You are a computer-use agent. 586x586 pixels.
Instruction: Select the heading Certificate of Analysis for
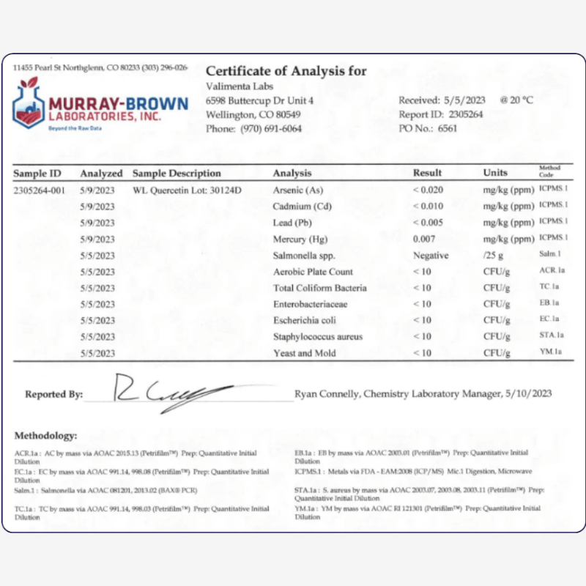[286, 72]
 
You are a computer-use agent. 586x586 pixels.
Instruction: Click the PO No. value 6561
[448, 129]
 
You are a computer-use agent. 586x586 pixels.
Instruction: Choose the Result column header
[427, 174]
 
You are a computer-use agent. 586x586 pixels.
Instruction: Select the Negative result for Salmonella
[431, 256]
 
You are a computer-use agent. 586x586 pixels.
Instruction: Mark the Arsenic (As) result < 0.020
[429, 190]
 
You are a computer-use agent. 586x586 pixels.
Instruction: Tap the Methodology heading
[45, 435]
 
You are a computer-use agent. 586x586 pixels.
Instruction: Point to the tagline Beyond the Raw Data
[75, 127]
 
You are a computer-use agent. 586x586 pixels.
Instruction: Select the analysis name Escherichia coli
[304, 321]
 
